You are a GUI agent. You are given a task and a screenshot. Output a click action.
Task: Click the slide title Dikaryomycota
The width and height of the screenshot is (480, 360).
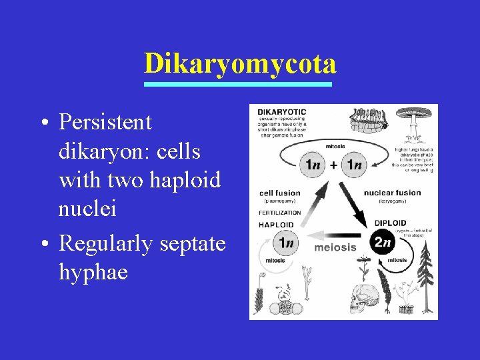[x=239, y=64]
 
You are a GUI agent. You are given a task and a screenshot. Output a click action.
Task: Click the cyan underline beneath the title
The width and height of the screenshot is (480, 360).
[x=239, y=85]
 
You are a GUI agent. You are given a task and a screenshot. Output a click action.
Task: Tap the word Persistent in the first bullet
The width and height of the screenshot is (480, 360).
[x=105, y=122]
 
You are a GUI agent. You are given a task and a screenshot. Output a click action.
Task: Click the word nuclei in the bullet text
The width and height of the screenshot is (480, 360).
[x=87, y=209]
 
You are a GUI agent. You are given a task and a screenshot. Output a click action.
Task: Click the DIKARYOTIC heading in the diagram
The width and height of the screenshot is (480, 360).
[x=282, y=111]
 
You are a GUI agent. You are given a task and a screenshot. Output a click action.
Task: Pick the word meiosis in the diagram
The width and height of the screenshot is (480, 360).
[x=335, y=247]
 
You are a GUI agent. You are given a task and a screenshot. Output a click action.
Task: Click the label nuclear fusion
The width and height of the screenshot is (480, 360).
[x=393, y=193]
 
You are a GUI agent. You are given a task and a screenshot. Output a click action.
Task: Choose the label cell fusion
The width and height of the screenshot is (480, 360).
[x=280, y=193]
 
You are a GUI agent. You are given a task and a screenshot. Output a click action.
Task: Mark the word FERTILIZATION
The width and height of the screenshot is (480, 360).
[x=280, y=213]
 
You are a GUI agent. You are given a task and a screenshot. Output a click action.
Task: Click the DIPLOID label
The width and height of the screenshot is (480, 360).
[x=390, y=223]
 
